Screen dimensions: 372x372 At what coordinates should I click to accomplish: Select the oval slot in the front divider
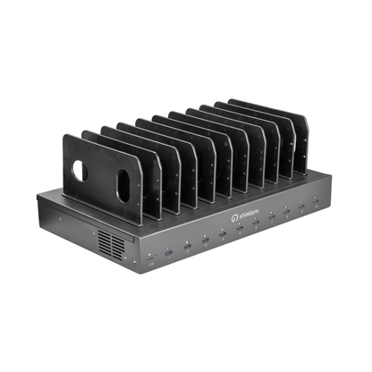123,184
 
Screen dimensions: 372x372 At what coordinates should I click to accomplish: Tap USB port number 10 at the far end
316,207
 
